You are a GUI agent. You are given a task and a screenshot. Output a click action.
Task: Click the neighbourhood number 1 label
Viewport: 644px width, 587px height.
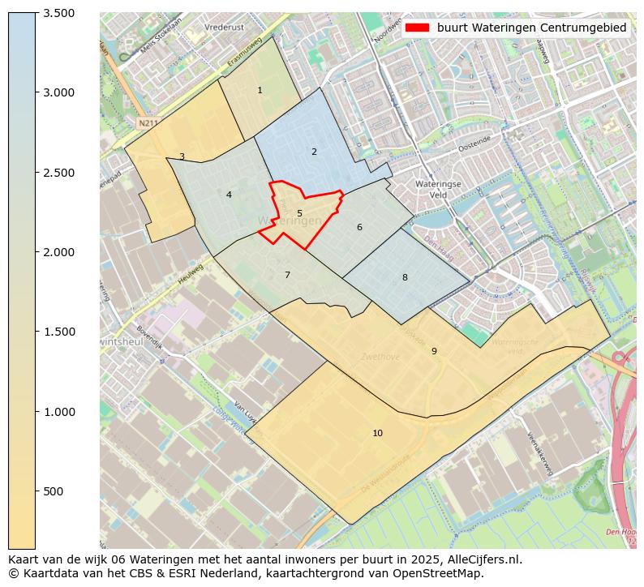pyautogui.click(x=260, y=90)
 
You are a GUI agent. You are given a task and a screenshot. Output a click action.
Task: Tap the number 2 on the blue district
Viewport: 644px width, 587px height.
pyautogui.click(x=314, y=152)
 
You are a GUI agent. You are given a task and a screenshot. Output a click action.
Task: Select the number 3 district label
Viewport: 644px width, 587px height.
pyautogui.click(x=182, y=156)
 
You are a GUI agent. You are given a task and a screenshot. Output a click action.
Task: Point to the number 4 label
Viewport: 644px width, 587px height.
pyautogui.click(x=229, y=195)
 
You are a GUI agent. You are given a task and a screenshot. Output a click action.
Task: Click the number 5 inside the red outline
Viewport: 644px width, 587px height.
pyautogui.click(x=299, y=214)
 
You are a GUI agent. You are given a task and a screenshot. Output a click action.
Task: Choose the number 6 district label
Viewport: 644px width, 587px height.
pyautogui.click(x=359, y=227)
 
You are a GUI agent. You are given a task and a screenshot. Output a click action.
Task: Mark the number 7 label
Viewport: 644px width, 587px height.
pyautogui.click(x=287, y=275)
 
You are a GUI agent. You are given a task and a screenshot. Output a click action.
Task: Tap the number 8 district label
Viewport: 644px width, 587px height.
pyautogui.click(x=405, y=277)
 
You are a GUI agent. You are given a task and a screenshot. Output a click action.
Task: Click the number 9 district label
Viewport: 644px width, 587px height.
pyautogui.click(x=434, y=351)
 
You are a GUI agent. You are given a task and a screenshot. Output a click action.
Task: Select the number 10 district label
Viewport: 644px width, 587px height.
pyautogui.click(x=377, y=433)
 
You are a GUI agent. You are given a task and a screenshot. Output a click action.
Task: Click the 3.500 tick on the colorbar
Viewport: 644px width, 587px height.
pyautogui.click(x=58, y=13)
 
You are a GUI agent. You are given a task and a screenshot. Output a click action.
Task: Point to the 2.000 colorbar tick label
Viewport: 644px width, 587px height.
pyautogui.click(x=58, y=252)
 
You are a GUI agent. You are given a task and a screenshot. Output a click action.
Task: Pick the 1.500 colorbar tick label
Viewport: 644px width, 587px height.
pyautogui.click(x=58, y=332)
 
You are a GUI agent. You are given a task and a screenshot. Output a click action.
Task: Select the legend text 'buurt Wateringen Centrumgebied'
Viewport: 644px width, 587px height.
pyautogui.click(x=531, y=28)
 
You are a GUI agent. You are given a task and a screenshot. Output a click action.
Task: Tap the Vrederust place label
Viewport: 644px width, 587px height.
pyautogui.click(x=225, y=27)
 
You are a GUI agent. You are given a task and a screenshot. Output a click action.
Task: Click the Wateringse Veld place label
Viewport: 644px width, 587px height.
pyautogui.click(x=437, y=189)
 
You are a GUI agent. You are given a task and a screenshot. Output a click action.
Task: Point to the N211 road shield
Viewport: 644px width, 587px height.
pyautogui.click(x=147, y=123)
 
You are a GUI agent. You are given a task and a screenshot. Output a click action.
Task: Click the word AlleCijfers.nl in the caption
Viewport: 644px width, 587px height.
pyautogui.click(x=484, y=559)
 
